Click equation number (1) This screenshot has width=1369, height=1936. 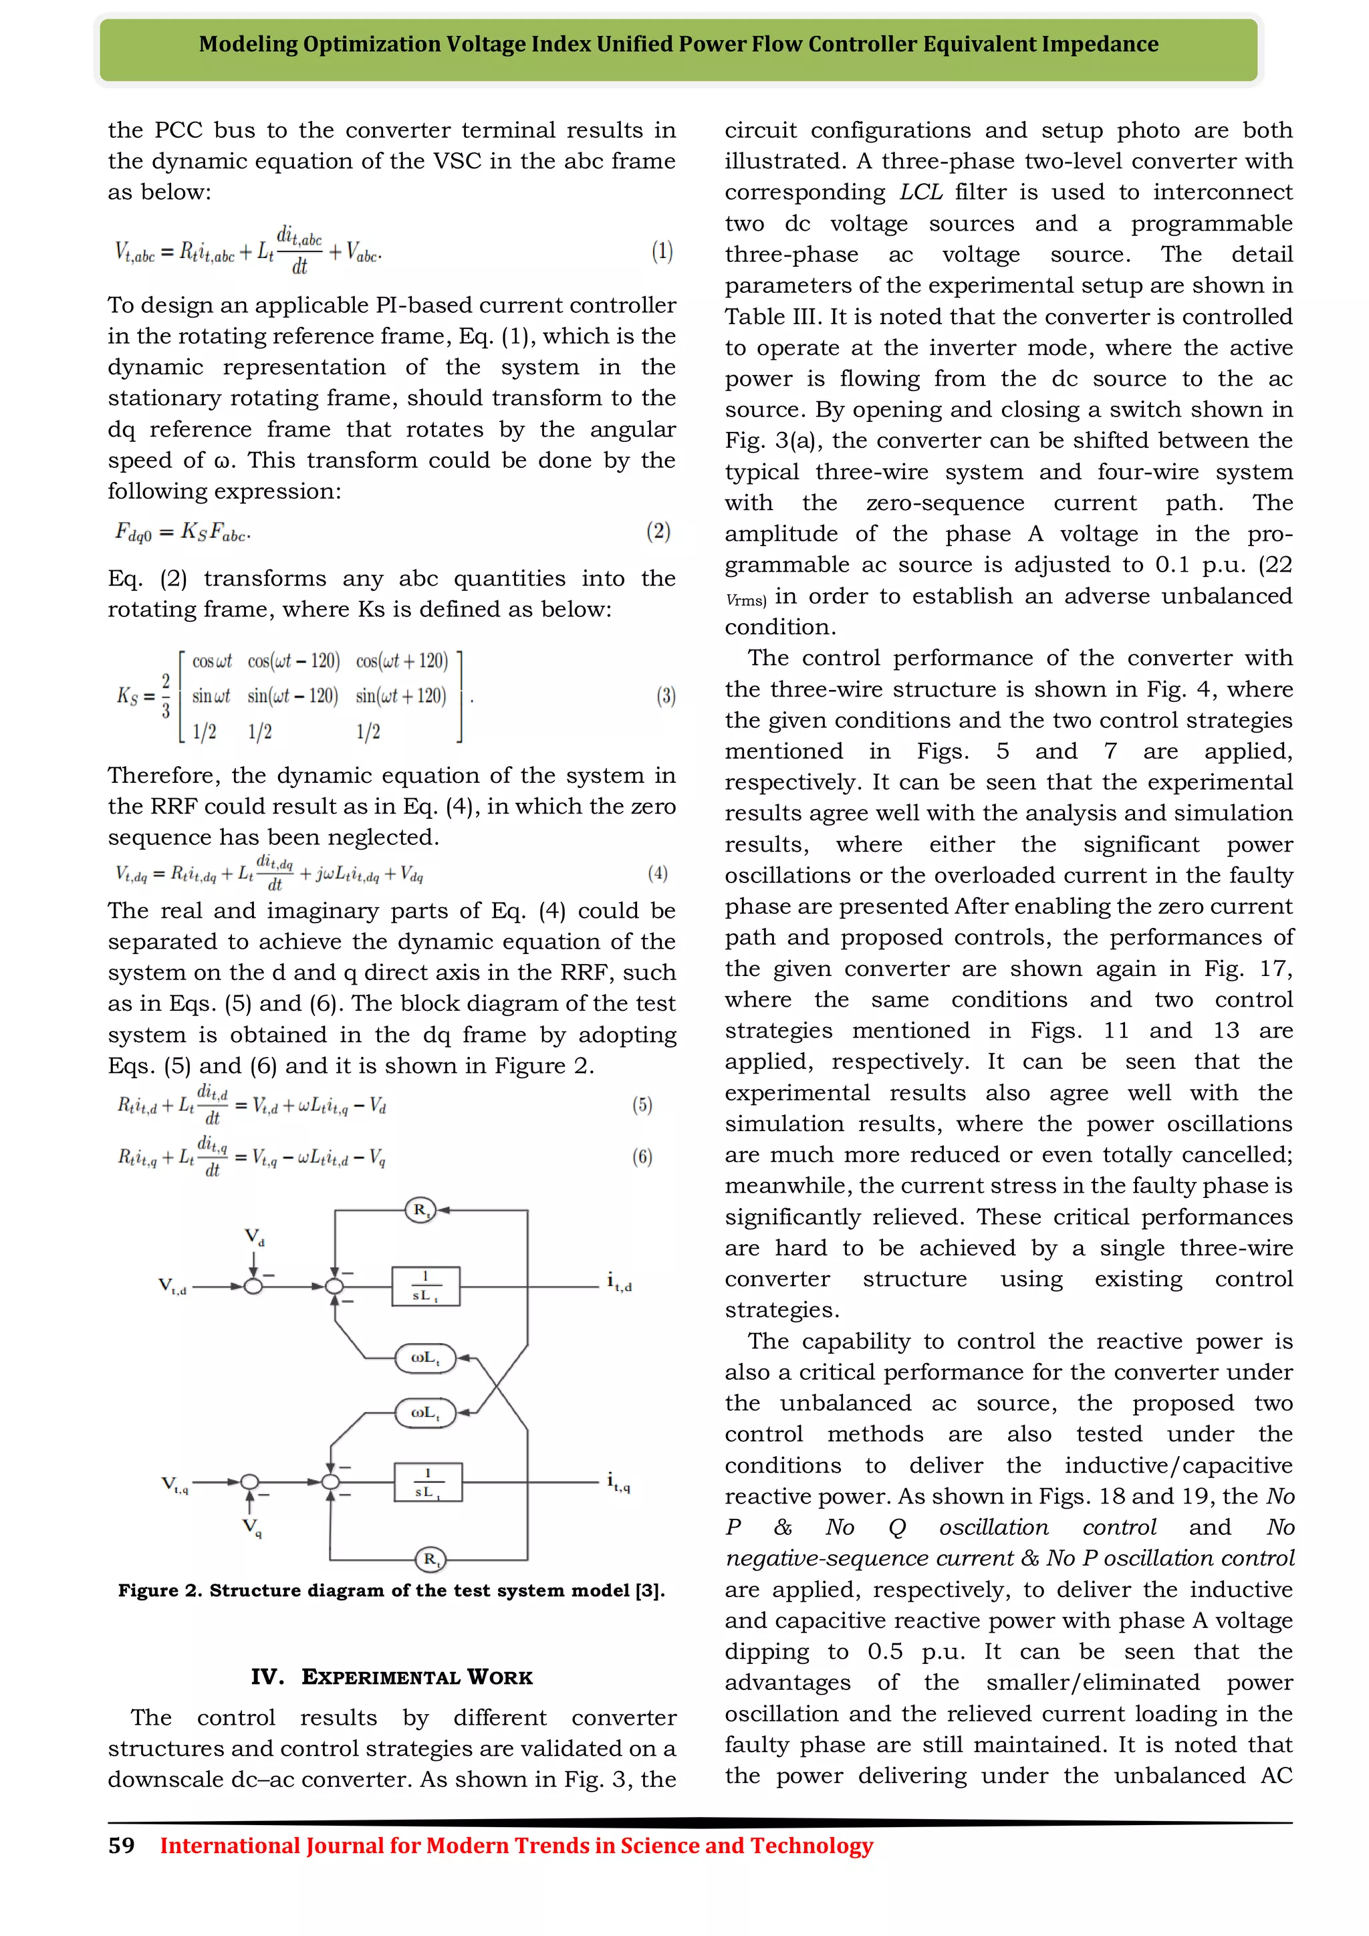(x=662, y=251)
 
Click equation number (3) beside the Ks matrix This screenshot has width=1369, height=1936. (x=666, y=696)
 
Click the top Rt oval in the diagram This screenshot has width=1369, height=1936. (x=420, y=1210)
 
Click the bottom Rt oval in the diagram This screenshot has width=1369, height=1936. (x=430, y=1559)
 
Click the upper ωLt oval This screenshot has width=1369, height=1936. (x=426, y=1358)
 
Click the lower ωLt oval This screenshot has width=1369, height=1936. (x=426, y=1413)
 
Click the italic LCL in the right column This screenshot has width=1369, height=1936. (x=921, y=193)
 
